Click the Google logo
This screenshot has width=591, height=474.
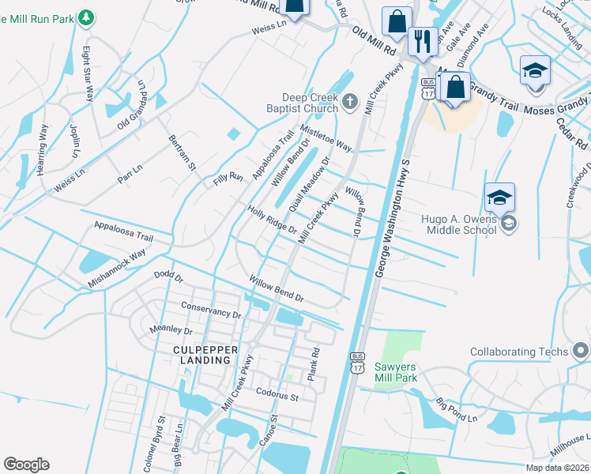(x=26, y=465)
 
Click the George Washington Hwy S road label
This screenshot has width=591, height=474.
(x=395, y=221)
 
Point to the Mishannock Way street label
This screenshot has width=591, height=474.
(x=117, y=267)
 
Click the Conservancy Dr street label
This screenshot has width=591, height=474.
(x=210, y=310)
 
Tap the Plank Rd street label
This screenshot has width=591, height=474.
(x=314, y=362)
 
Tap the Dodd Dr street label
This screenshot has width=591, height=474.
(x=168, y=278)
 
